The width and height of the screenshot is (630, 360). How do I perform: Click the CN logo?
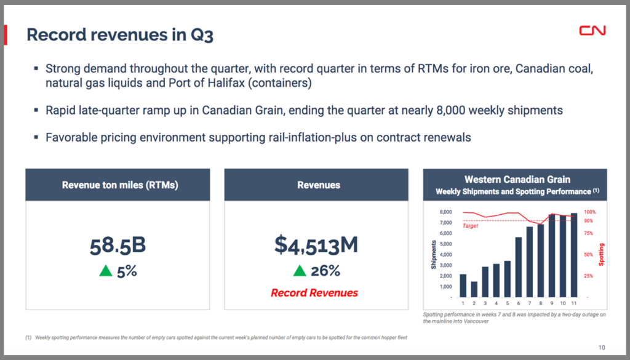[x=592, y=31]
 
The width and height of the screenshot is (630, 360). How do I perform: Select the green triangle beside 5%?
[x=106, y=271]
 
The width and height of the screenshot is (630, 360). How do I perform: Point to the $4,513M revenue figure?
[x=316, y=245]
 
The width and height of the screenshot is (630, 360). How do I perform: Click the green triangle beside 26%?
[x=300, y=271]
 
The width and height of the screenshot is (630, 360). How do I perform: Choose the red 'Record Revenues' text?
[x=315, y=293]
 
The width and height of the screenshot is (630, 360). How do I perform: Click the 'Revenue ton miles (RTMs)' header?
[x=120, y=185]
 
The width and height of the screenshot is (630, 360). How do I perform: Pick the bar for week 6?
[x=519, y=266]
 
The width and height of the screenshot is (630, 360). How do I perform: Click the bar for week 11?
[x=573, y=255]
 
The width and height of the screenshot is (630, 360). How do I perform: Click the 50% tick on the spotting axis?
[x=589, y=255]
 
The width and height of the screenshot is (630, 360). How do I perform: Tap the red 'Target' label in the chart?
[x=470, y=226]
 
